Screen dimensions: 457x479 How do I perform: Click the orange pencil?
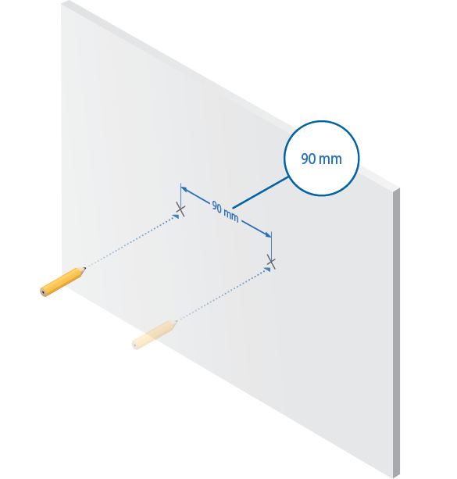(x=62, y=281)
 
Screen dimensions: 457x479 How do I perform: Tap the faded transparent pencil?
(x=155, y=334)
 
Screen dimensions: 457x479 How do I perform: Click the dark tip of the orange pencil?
(x=84, y=269)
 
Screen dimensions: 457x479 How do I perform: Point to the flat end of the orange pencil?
(x=44, y=292)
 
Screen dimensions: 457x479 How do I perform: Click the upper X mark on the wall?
(x=180, y=209)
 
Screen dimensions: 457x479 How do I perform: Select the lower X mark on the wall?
(x=271, y=262)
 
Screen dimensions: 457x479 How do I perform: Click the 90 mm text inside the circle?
(x=321, y=159)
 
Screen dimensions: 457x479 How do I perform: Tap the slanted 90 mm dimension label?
(x=226, y=212)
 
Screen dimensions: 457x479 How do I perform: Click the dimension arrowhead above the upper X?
(x=184, y=190)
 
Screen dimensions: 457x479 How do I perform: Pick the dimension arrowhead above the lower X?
(x=268, y=234)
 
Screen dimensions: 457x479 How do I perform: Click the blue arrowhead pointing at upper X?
(x=176, y=216)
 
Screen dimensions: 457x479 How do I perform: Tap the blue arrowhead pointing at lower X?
(x=267, y=269)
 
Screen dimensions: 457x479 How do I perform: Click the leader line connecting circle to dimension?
(x=260, y=193)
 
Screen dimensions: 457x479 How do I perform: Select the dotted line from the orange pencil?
(x=130, y=243)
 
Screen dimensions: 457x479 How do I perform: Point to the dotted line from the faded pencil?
(x=222, y=295)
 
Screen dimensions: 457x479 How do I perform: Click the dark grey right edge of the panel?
(x=396, y=333)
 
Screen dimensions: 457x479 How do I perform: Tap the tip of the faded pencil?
(x=177, y=321)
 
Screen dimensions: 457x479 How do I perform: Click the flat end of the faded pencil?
(x=135, y=345)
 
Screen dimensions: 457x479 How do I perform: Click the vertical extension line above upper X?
(x=180, y=196)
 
